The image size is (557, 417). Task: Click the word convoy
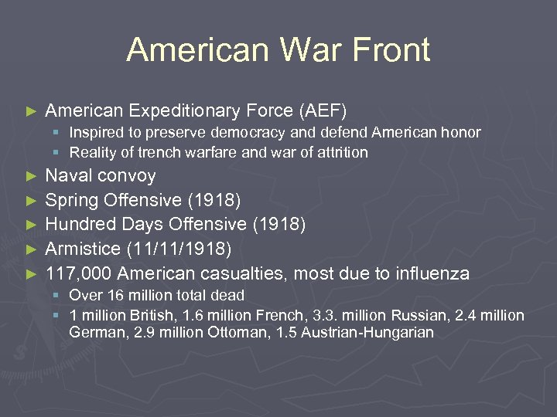[x=127, y=175]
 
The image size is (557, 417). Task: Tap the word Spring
[x=71, y=200]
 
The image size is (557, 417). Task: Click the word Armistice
[x=81, y=249]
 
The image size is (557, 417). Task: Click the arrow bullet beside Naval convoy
[x=31, y=176]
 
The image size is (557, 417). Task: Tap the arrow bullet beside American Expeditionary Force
[x=31, y=112]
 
